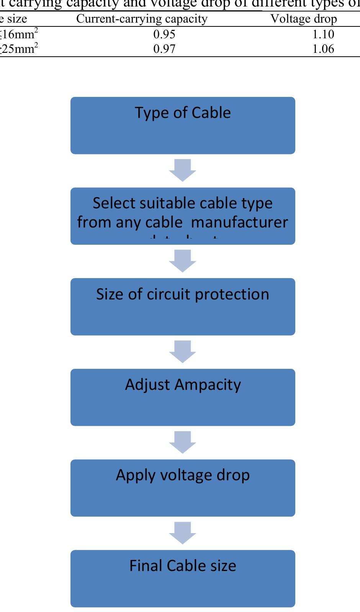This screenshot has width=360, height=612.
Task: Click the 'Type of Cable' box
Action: coord(183,126)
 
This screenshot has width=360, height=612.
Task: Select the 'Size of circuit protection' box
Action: coord(183,307)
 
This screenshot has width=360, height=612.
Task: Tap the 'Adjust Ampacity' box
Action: coord(183,397)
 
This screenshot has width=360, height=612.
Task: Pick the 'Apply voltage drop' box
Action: coord(183,488)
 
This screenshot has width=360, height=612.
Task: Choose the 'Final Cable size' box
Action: coord(183,578)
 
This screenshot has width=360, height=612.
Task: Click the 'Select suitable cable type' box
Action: coord(183,216)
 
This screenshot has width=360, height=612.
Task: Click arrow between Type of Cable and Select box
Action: coord(183,170)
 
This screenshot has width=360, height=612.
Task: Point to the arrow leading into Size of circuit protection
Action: coord(183,261)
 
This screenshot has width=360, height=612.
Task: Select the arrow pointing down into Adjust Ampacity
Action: coord(183,352)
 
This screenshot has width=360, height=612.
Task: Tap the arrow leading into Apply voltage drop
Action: coord(183,442)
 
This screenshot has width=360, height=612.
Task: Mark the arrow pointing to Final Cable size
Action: coord(183,533)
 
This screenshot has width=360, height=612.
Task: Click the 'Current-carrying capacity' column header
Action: coord(142,19)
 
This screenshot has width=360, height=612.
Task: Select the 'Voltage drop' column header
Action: coord(304,19)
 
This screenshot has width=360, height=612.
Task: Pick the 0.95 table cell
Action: coord(164,34)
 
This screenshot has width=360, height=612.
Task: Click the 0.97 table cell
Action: coord(164,49)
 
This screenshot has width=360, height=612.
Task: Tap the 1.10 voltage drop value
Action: coord(323,34)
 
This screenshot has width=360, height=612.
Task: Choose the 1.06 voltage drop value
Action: coord(323,49)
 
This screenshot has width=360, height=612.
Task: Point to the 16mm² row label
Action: coord(19,34)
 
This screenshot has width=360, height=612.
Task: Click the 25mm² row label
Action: coord(19,49)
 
